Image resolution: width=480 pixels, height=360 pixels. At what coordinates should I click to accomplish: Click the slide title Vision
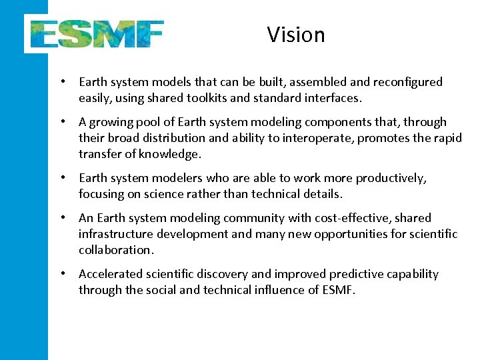(296, 35)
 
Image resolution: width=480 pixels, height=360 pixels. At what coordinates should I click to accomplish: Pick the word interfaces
(333, 98)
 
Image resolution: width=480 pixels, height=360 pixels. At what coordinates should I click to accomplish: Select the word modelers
(170, 178)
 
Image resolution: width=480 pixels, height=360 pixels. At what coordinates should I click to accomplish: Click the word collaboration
(116, 250)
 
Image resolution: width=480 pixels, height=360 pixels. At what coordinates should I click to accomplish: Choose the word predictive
(353, 274)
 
